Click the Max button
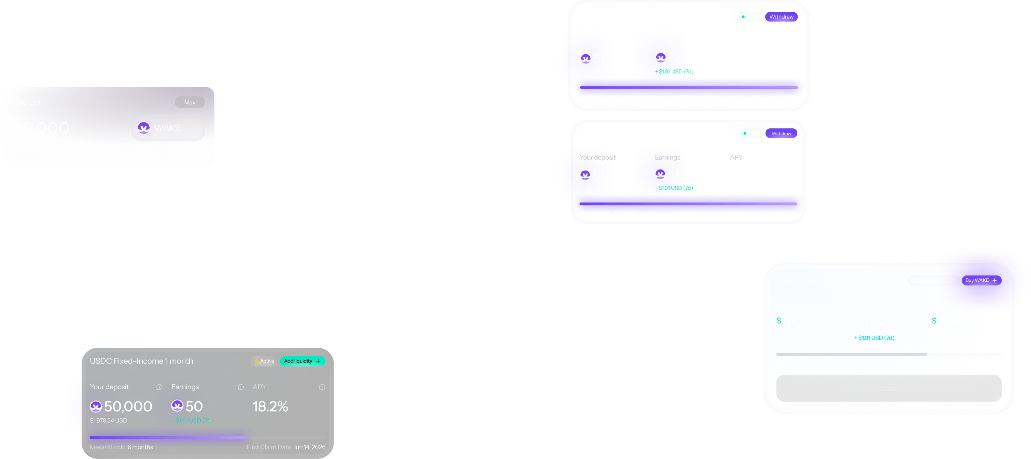(190, 102)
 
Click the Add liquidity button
(302, 361)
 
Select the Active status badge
(265, 361)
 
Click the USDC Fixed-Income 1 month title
(141, 361)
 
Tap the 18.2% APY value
(270, 406)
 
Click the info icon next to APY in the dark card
(322, 387)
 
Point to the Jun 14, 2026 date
(309, 447)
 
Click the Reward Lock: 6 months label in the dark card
(121, 447)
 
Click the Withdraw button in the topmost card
(781, 17)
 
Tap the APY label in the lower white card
(736, 158)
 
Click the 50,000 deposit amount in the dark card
(128, 406)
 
